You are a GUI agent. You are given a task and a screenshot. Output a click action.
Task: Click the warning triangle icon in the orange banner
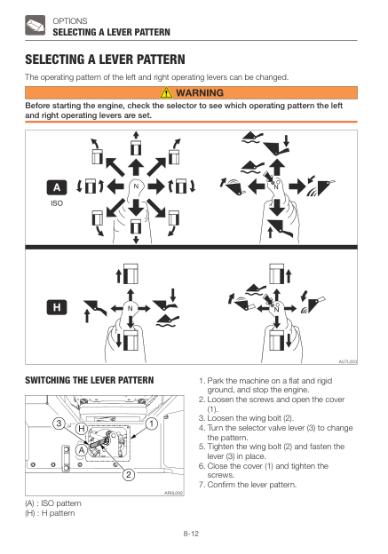[166, 92]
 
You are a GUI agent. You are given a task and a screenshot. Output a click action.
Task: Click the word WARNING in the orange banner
[200, 92]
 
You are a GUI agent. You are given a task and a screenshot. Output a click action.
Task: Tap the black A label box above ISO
[57, 187]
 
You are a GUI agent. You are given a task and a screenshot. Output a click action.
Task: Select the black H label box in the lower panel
[57, 307]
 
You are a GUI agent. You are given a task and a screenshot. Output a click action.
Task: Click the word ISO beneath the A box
[57, 203]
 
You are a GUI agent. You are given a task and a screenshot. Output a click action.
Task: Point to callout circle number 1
[152, 423]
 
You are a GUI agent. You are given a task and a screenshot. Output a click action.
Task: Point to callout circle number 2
[129, 474]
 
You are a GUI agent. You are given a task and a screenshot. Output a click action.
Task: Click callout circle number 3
[59, 423]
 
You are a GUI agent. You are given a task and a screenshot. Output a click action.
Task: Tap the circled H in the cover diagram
[82, 429]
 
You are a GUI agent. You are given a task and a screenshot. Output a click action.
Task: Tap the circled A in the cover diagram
[82, 450]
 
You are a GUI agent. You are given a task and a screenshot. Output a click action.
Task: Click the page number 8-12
[191, 534]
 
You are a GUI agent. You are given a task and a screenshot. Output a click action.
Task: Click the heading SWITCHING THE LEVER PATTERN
[90, 380]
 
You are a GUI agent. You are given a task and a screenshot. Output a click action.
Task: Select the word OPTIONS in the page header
[70, 20]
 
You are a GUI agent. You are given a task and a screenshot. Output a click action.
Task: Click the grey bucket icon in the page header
[35, 25]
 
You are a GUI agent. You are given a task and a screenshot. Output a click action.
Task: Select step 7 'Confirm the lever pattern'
[248, 485]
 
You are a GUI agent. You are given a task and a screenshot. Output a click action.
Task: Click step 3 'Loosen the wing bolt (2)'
[246, 418]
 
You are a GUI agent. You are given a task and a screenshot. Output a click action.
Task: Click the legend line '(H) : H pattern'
[50, 513]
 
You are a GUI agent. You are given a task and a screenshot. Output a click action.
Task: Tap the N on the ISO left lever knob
[136, 186]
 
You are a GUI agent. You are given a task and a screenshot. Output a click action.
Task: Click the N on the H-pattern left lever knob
[130, 308]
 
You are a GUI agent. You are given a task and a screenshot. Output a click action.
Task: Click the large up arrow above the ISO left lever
[136, 167]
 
